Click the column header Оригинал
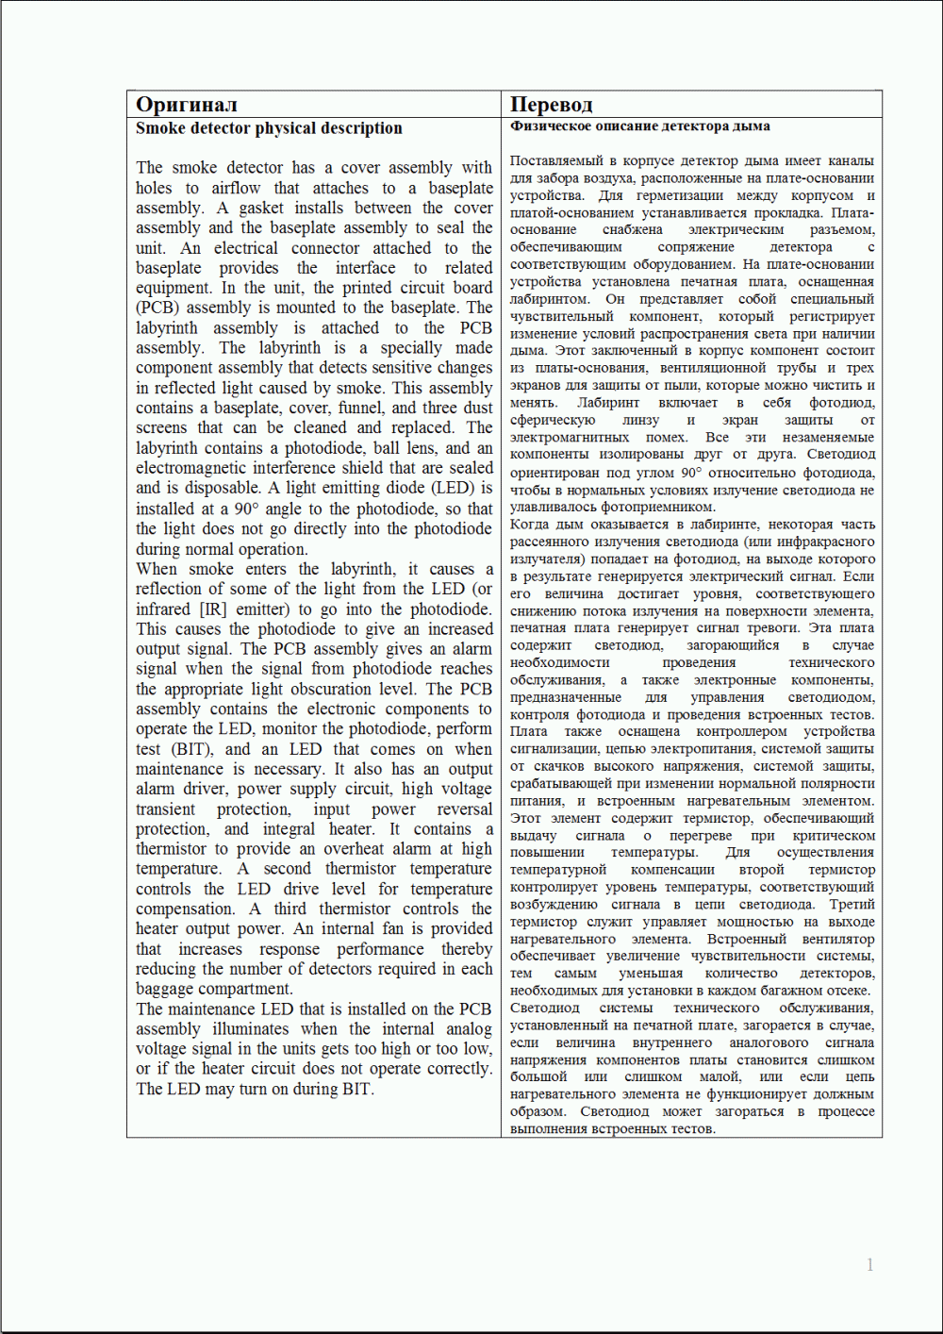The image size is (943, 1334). [x=186, y=105]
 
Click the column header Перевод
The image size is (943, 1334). [x=551, y=105]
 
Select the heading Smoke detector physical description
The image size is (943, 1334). [x=269, y=128]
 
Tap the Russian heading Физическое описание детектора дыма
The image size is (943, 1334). [x=639, y=126]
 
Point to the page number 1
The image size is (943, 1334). [x=869, y=1264]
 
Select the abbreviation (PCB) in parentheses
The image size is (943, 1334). [x=157, y=308]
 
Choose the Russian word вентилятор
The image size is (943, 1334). [x=838, y=939]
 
